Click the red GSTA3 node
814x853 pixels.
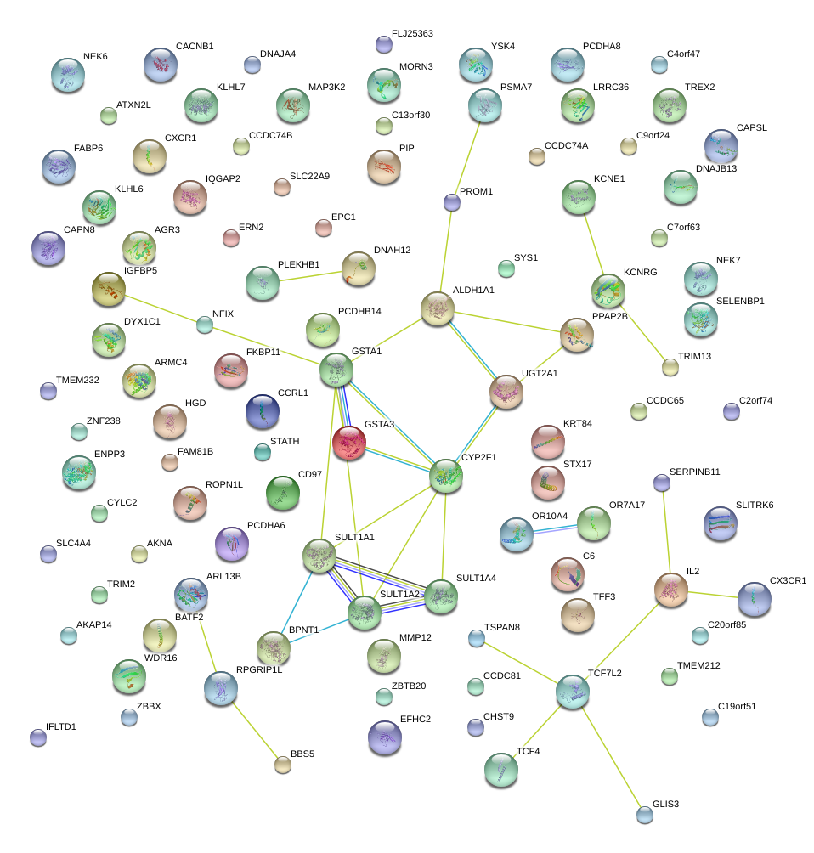click(x=348, y=443)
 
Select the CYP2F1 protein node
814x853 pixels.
click(x=446, y=476)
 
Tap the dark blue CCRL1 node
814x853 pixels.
click(x=263, y=412)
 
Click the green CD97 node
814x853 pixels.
click(x=283, y=493)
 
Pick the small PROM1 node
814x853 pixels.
click(x=452, y=202)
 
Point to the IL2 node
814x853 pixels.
click(x=671, y=590)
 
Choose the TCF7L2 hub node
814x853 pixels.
click(x=573, y=692)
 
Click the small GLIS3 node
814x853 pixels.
click(x=645, y=815)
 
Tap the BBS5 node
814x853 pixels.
click(x=282, y=765)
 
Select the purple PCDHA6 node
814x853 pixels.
click(x=232, y=544)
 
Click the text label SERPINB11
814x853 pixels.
click(x=694, y=472)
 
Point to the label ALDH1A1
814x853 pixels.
click(x=473, y=290)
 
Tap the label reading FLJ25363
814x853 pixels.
click(x=412, y=33)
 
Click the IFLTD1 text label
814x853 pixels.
click(x=61, y=726)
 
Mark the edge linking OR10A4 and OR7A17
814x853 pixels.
click(x=555, y=528)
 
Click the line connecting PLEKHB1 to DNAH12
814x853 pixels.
click(x=310, y=276)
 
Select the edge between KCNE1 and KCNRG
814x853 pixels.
click(x=594, y=245)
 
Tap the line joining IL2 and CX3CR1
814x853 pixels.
click(x=713, y=595)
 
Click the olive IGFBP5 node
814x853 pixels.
click(x=109, y=290)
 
